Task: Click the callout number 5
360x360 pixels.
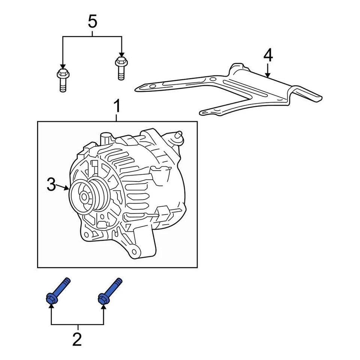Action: coord(92,21)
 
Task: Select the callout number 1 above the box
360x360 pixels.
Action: coord(117,106)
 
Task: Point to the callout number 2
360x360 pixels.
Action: coord(76,339)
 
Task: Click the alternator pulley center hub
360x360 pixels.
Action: coord(84,196)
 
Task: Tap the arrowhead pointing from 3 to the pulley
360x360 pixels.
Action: coord(67,188)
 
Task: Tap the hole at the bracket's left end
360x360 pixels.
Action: coord(153,87)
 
